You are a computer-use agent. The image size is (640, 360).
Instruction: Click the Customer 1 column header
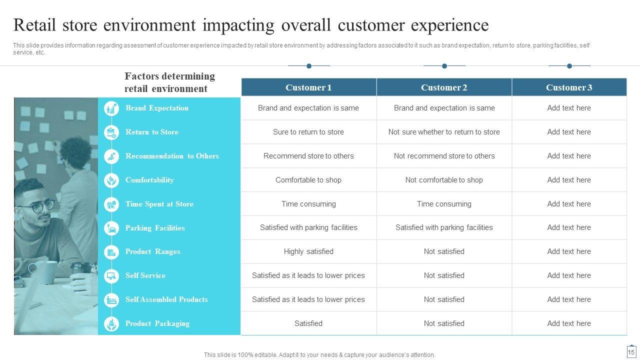[308, 87]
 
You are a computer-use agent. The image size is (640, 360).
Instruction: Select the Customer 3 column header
[569, 87]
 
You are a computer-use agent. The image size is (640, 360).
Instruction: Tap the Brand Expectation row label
[157, 108]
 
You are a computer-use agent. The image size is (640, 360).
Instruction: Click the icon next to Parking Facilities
[111, 228]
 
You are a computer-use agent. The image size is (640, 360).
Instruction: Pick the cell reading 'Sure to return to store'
[308, 132]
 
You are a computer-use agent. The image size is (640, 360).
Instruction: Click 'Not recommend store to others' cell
[444, 156]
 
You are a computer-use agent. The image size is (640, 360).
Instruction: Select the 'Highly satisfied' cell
[308, 251]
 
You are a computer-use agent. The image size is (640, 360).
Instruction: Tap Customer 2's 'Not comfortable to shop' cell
[444, 180]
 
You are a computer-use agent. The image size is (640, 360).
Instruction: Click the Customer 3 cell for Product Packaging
[569, 323]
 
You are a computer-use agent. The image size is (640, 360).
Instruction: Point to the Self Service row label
[145, 275]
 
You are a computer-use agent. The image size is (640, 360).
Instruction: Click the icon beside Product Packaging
[111, 324]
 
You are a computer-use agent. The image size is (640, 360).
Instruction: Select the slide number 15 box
[631, 351]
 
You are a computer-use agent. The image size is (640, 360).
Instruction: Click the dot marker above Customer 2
[444, 66]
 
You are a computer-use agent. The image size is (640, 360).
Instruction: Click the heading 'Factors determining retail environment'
[169, 82]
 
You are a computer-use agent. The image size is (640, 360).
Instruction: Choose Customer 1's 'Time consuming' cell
[308, 204]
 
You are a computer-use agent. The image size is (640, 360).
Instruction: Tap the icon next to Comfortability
[111, 180]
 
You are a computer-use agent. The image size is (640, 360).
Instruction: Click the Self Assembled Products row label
[166, 299]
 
